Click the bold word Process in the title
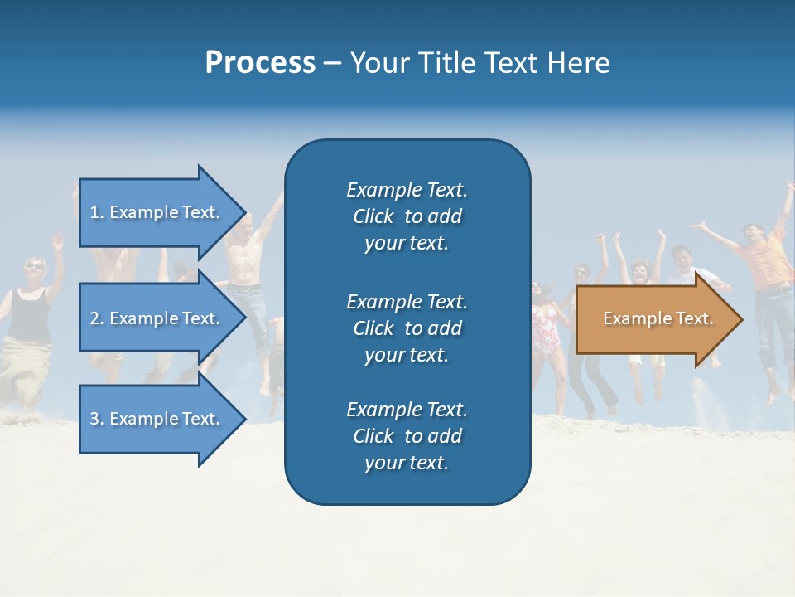[x=260, y=63]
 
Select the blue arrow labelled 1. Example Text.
[x=157, y=212]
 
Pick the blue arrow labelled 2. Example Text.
[x=157, y=318]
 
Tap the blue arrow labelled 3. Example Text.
[x=157, y=419]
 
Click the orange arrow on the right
[x=654, y=319]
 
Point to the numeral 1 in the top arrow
[x=94, y=212]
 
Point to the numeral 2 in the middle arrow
[x=94, y=318]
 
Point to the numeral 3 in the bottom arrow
[x=94, y=419]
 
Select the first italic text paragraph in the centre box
[x=407, y=216]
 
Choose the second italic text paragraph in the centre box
[x=407, y=328]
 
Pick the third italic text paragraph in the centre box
[x=407, y=436]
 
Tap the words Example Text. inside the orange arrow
[x=658, y=318]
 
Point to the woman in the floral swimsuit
[x=547, y=328]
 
